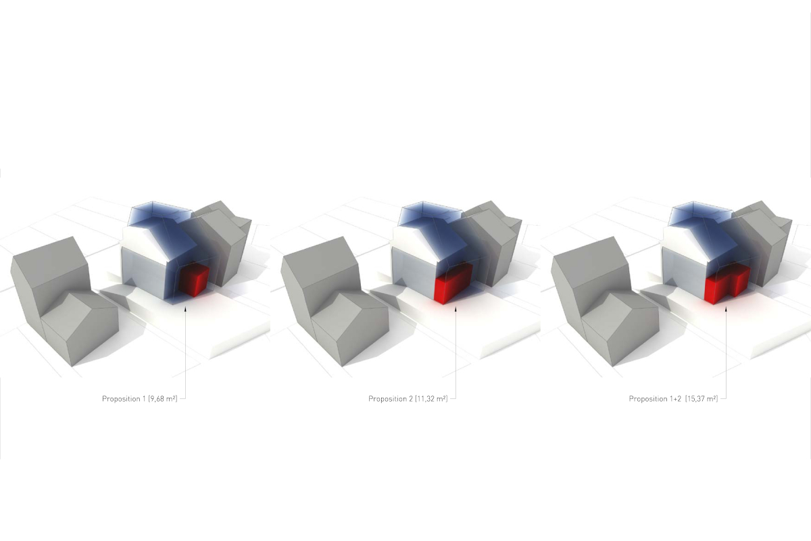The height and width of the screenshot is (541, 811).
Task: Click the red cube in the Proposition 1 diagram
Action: click(194, 280)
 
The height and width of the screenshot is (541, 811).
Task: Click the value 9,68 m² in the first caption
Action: click(163, 399)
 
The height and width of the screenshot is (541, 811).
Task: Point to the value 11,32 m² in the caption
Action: click(431, 399)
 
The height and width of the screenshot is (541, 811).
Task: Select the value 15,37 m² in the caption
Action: click(702, 399)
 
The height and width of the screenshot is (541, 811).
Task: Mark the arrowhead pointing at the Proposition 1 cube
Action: click(185, 309)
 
